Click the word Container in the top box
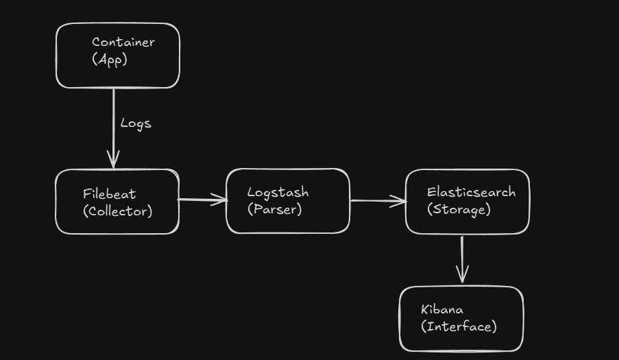tap(123, 42)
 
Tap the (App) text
tap(110, 60)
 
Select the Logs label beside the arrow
tap(135, 123)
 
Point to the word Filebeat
tap(110, 194)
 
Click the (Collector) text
tap(117, 211)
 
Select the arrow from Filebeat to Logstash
tap(202, 200)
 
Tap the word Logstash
tap(278, 193)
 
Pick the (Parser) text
tap(274, 209)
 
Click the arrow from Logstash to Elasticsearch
tap(377, 201)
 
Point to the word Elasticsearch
tap(471, 192)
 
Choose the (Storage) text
tap(459, 209)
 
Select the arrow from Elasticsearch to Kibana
tap(462, 259)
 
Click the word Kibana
tap(441, 309)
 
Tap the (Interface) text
tap(459, 326)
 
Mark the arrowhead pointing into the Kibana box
tap(463, 276)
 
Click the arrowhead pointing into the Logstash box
tap(220, 200)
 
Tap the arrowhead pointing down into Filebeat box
tap(114, 161)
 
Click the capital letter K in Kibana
tap(425, 309)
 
